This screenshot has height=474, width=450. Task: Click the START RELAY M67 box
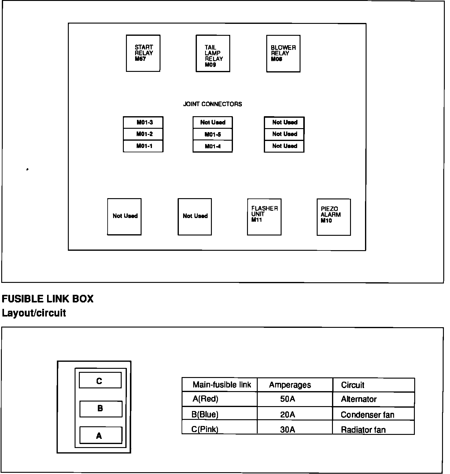point(143,53)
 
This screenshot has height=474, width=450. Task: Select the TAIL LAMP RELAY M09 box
point(213,54)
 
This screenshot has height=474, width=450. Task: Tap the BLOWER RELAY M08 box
point(283,54)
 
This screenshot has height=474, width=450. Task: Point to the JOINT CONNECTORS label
point(212,104)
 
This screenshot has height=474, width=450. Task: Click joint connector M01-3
point(143,123)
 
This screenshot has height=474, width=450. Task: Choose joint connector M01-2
point(143,134)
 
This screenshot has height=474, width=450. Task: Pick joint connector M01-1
point(143,146)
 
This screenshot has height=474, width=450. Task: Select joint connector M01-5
point(212,135)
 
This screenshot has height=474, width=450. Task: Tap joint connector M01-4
point(212,146)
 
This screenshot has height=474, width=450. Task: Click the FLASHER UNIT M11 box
point(264,217)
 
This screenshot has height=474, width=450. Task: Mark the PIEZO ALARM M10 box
point(334,217)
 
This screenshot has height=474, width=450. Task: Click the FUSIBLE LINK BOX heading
point(48,299)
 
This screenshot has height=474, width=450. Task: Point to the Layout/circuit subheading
point(34,313)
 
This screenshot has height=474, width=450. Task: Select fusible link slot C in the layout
point(100,380)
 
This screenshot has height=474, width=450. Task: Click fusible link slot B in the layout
point(101,409)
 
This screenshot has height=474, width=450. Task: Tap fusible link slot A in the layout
point(101,435)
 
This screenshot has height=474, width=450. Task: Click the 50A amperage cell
point(288,399)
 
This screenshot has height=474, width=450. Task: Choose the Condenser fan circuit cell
point(367,415)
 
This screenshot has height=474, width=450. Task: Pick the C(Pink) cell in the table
point(205,429)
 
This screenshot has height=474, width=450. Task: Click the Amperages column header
point(290,385)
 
